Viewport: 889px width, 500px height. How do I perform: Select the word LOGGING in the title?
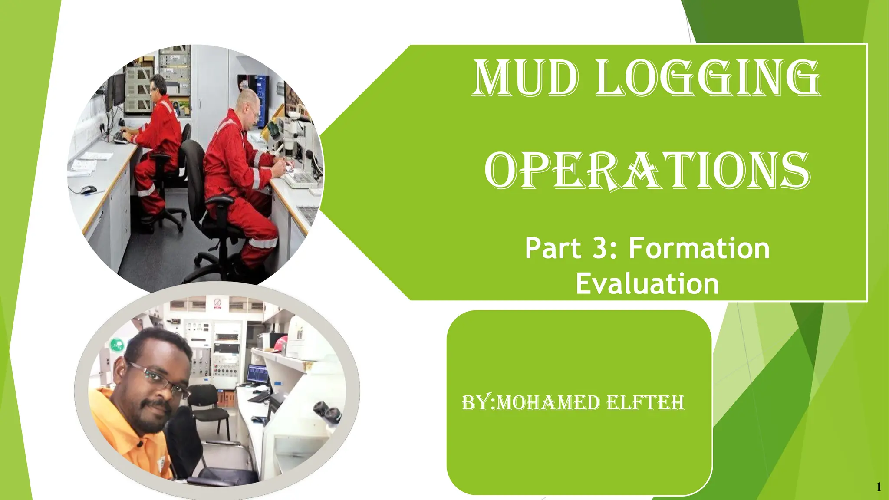[x=708, y=79]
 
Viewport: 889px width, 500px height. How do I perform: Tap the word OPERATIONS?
[x=647, y=171]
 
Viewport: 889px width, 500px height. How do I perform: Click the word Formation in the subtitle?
[x=699, y=248]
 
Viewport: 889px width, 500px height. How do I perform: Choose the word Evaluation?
[x=647, y=284]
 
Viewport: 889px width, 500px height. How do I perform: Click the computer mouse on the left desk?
[x=88, y=190]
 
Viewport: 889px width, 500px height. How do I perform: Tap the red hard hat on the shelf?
[x=280, y=342]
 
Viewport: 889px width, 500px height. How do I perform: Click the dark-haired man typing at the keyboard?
[x=158, y=126]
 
